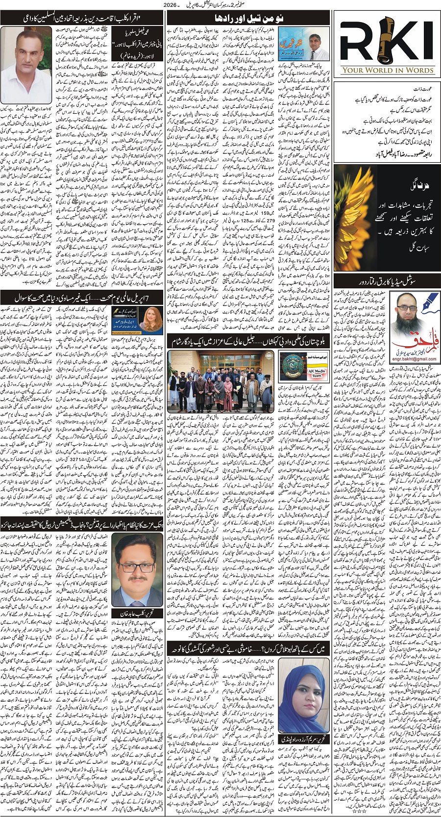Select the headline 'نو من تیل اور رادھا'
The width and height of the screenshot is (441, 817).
250,18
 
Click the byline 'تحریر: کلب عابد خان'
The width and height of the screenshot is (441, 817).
131,613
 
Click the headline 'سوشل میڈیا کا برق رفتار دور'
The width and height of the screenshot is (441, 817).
382,281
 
